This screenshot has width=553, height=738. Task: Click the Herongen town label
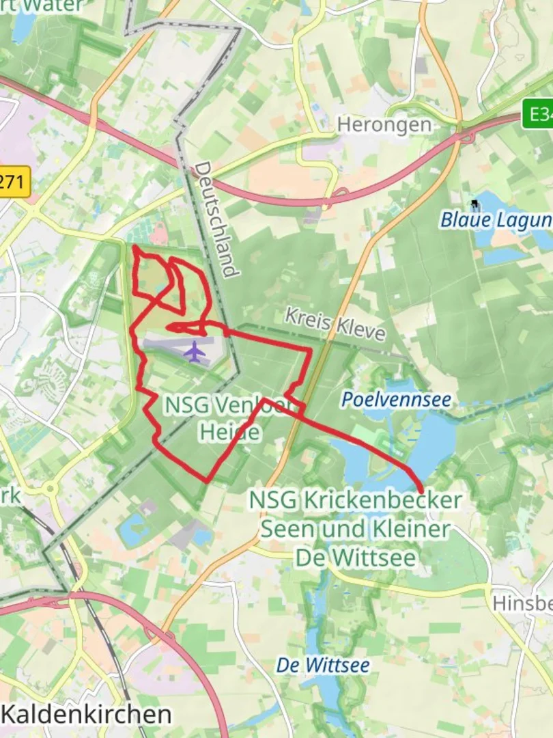coord(384,125)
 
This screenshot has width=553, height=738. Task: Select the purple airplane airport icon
coord(195,353)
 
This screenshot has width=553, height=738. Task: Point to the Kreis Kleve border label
coord(335,324)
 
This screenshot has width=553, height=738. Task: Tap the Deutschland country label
coord(218,219)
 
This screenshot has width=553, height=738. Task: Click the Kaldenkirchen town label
coord(87,715)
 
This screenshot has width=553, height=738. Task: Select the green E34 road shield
coord(539,113)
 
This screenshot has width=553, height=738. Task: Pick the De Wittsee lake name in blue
coord(324,665)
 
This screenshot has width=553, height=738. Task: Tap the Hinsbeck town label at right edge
coord(523,603)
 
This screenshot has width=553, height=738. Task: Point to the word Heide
coord(229,433)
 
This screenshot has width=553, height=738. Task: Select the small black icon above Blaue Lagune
coord(474,204)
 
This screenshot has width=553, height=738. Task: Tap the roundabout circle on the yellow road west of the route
coord(50,489)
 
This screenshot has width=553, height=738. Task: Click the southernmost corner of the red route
coord(207,481)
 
